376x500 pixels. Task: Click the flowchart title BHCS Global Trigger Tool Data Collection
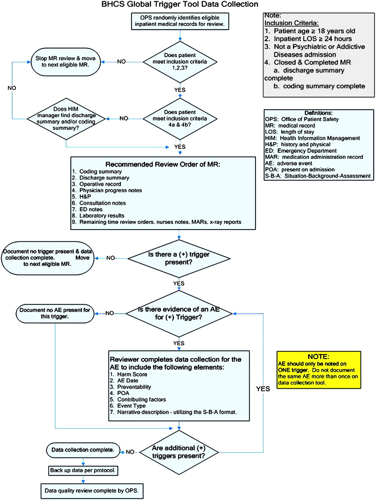(x=180, y=4)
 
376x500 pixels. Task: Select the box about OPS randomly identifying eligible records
(x=180, y=21)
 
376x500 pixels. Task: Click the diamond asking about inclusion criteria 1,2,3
(x=180, y=62)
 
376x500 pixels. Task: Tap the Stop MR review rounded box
(x=66, y=62)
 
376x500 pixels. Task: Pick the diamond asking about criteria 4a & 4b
(x=180, y=119)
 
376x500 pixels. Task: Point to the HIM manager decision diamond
(x=66, y=119)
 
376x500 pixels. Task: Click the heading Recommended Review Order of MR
(x=163, y=164)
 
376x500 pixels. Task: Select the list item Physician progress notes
(x=107, y=190)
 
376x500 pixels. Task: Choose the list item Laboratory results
(x=98, y=216)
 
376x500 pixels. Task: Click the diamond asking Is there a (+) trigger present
(x=179, y=259)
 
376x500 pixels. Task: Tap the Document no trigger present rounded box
(x=48, y=258)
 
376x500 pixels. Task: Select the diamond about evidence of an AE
(x=179, y=314)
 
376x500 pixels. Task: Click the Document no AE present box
(x=55, y=313)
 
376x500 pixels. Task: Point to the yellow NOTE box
(x=319, y=370)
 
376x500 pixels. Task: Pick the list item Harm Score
(x=128, y=374)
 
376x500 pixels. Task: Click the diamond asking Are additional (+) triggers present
(x=179, y=452)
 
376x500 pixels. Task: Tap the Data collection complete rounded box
(x=83, y=450)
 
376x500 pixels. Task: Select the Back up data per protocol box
(x=83, y=470)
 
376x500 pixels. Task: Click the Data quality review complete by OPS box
(x=92, y=491)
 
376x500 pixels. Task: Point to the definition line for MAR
(x=314, y=157)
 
